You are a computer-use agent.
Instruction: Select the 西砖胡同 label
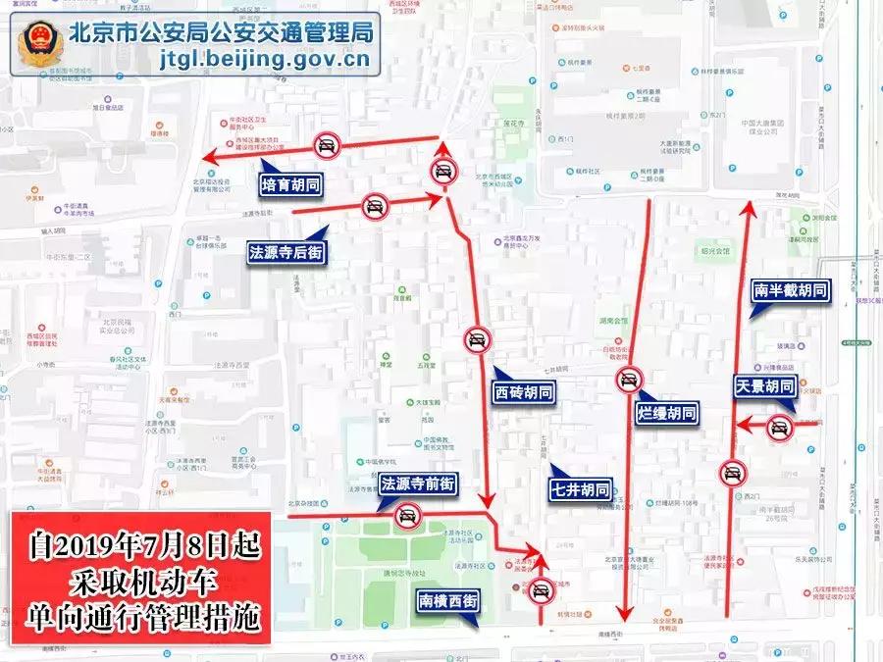pyautogui.click(x=523, y=392)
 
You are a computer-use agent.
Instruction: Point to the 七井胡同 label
pyautogui.click(x=580, y=488)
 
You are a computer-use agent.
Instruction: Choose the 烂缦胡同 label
pyautogui.click(x=667, y=413)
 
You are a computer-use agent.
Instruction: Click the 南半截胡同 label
pyautogui.click(x=791, y=290)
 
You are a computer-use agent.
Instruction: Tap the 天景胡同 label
pyautogui.click(x=764, y=386)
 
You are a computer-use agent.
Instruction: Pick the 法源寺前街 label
pyautogui.click(x=418, y=483)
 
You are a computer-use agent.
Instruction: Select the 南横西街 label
pyautogui.click(x=448, y=600)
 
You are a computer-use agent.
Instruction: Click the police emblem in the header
pyautogui.click(x=40, y=44)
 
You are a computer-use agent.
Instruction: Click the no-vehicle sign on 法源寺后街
pyautogui.click(x=374, y=206)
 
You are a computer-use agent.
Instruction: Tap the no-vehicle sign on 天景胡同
pyautogui.click(x=780, y=426)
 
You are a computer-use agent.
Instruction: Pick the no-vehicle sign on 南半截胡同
pyautogui.click(x=731, y=475)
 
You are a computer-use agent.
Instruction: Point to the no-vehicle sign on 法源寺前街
pyautogui.click(x=406, y=515)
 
